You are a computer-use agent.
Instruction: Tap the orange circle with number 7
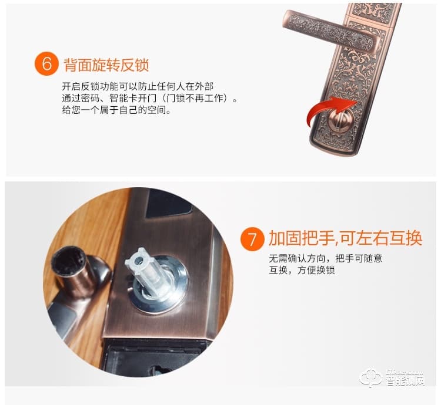(253, 239)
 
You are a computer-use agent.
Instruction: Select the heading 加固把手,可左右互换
(346, 239)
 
